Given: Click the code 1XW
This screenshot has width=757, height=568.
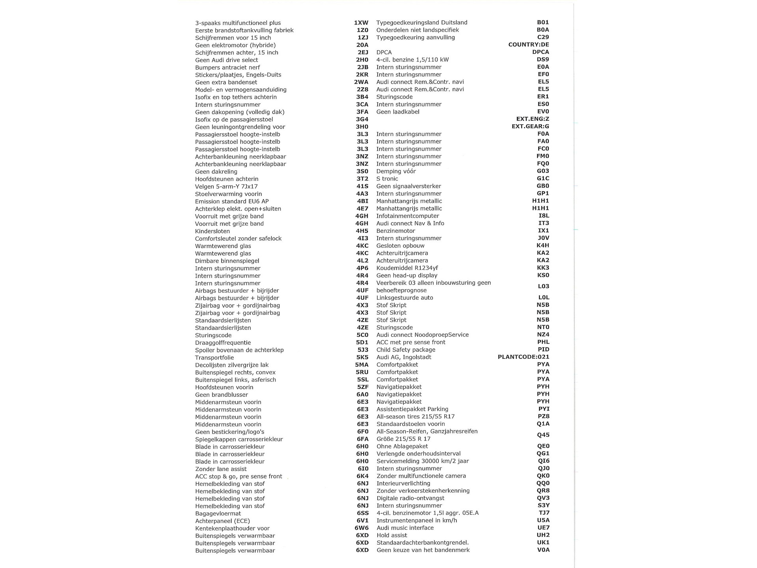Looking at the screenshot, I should (361, 23).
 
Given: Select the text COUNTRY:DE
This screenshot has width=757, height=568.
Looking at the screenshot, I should (528, 45).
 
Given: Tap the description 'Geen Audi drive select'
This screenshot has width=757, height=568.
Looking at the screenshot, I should (226, 60).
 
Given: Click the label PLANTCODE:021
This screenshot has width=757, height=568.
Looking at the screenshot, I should (523, 357).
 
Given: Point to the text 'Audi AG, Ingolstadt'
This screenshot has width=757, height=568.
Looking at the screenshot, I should (403, 357).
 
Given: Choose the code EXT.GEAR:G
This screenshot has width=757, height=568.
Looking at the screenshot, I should (530, 127).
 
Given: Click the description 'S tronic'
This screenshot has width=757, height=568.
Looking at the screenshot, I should (387, 179).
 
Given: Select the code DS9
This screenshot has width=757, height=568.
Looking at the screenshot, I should (543, 60).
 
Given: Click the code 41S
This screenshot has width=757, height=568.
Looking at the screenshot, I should (362, 187).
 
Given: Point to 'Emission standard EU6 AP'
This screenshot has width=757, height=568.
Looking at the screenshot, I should (231, 202).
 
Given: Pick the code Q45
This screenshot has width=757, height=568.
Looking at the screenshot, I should (543, 435).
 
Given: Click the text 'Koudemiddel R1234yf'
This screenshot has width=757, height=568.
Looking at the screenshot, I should (407, 268).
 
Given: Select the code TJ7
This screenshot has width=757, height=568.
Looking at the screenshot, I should (544, 513).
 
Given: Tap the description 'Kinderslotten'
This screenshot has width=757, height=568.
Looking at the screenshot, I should (212, 231).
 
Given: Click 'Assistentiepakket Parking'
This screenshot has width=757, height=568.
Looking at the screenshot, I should (412, 409).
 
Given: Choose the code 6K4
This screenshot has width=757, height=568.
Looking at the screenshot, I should (362, 476).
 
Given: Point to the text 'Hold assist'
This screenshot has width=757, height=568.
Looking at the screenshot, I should (392, 535).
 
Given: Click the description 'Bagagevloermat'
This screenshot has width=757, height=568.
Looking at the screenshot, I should (218, 514).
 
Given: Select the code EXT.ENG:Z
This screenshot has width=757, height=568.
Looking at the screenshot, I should (532, 119).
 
